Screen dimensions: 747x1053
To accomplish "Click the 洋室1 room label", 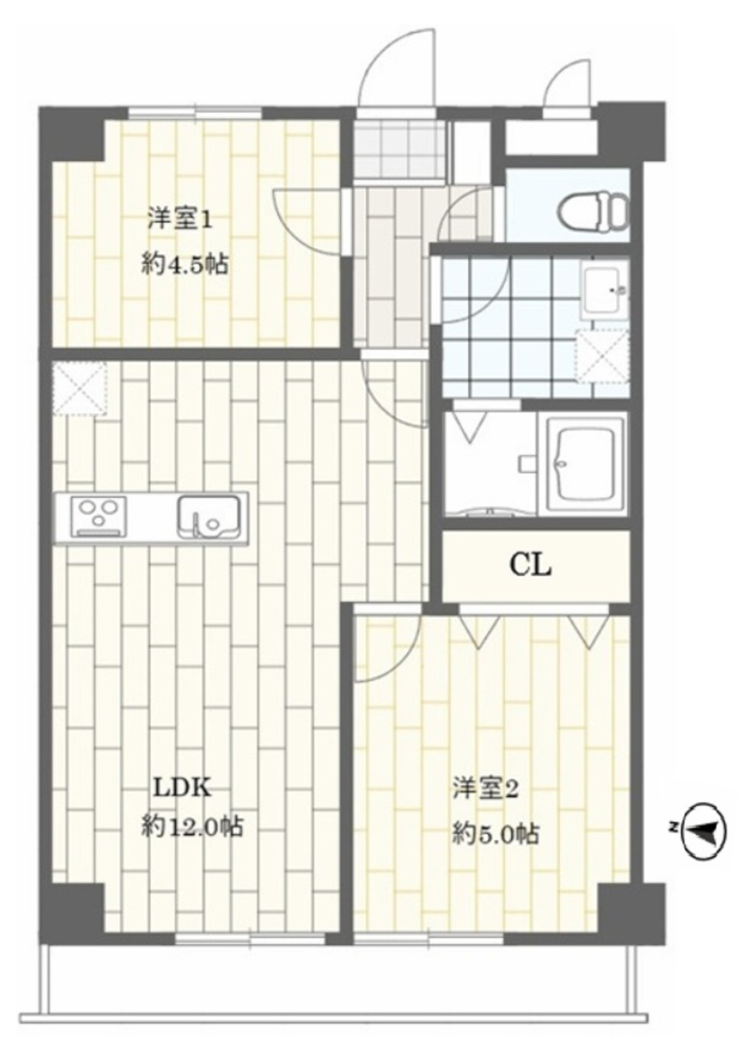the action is (180, 221).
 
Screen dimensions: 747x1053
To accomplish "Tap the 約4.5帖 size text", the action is (185, 266).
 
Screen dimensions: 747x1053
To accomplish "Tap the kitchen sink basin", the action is (209, 516).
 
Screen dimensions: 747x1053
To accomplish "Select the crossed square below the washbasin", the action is (603, 356).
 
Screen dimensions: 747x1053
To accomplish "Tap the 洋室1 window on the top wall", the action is (195, 113).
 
